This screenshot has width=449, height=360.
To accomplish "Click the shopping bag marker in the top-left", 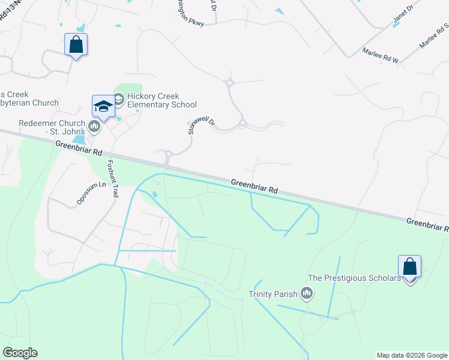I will pos(76,44).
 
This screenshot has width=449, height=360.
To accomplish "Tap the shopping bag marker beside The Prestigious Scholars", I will pos(409,266).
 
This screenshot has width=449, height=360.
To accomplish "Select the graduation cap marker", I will pos(103,107).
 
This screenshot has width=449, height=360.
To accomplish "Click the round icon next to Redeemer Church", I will pos(94,127).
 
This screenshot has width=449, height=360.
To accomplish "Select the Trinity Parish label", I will pos(273,294).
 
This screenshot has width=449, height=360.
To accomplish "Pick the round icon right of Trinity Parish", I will pos(307,293).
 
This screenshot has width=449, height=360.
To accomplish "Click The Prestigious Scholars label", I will pos(354,278).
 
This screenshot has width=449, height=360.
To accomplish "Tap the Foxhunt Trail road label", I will pos(113,178).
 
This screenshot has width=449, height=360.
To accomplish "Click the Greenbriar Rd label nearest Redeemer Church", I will pos(79,149).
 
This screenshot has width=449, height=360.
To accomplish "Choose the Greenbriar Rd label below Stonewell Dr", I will pos(255,185).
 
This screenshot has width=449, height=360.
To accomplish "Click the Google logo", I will pos(20,353).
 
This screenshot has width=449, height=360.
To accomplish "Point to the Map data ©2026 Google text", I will pos(411,355).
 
